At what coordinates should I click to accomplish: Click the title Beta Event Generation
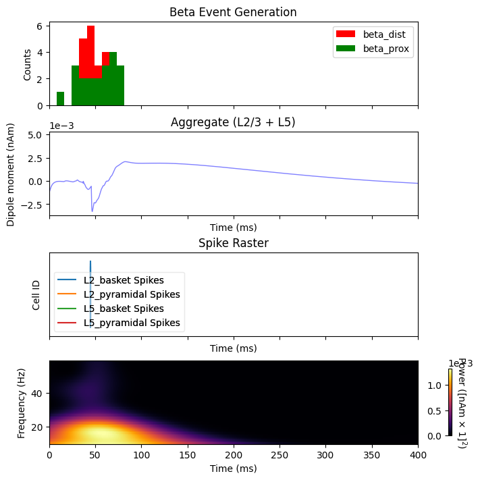pyautogui.click(x=233, y=12)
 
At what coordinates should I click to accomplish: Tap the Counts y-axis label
pyautogui.click(x=27, y=65)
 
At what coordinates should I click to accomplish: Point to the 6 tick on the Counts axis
pyautogui.click(x=40, y=26)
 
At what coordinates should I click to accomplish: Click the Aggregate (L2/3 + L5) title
pyautogui.click(x=233, y=122)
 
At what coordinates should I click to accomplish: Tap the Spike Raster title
pyautogui.click(x=233, y=243)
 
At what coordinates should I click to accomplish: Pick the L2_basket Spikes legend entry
pyautogui.click(x=128, y=279)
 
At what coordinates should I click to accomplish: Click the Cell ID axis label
pyautogui.click(x=36, y=294)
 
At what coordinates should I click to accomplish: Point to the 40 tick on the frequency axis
pyautogui.click(x=39, y=393)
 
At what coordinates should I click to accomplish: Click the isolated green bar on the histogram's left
pyautogui.click(x=60, y=99)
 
